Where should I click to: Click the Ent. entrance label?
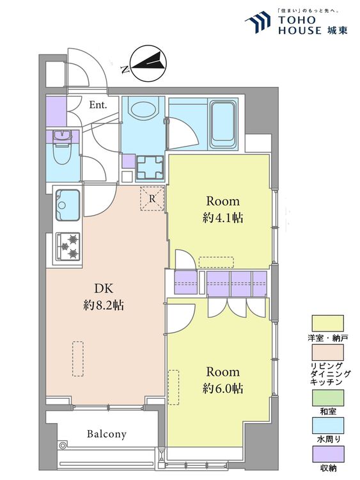98,105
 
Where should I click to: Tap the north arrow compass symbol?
148,63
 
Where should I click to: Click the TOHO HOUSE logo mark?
258,22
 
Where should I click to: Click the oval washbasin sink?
143,109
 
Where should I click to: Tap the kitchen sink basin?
68,205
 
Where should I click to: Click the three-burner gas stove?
68,246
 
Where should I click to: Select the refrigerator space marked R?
152,198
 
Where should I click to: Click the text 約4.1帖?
223,218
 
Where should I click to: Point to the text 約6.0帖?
223,388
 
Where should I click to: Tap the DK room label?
104,289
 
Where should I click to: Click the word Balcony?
106,434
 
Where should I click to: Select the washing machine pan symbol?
150,168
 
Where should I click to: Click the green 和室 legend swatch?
327,398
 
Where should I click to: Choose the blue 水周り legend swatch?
327,426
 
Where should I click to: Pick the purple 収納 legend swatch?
327,454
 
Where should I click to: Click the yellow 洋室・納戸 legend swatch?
327,323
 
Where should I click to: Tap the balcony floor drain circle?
63,445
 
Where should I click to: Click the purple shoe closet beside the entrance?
56,111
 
